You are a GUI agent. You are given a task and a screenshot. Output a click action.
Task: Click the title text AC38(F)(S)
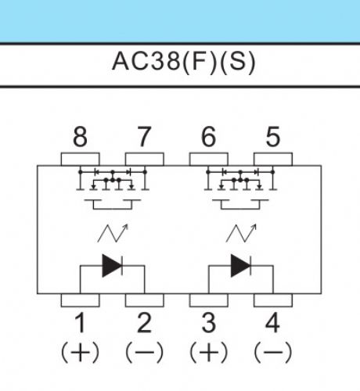(x=183, y=62)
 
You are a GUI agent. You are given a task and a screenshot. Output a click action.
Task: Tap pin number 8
(x=80, y=137)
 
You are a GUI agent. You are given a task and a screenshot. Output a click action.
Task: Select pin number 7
(x=144, y=137)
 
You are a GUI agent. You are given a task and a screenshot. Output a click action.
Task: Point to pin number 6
(x=208, y=137)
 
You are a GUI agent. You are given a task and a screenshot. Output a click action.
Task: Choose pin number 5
(x=273, y=137)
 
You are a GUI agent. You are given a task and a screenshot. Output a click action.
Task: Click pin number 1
(x=81, y=323)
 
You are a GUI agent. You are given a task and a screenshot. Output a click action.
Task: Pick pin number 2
(x=144, y=323)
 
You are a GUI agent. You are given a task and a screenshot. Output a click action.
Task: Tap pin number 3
(x=209, y=323)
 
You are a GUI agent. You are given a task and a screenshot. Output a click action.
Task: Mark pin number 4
(x=272, y=323)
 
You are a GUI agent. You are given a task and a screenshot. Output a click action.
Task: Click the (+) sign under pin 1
(x=80, y=353)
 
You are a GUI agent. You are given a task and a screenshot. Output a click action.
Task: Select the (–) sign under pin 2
(x=144, y=353)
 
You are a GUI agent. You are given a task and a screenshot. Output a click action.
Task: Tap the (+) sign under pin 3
(x=209, y=353)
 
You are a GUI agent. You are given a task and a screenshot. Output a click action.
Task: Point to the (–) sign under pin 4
(x=273, y=353)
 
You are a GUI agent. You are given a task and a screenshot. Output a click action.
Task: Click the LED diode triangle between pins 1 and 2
(x=112, y=266)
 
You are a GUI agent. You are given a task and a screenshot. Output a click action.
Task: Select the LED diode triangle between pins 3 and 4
(x=240, y=266)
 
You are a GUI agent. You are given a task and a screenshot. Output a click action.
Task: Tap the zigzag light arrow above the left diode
(x=113, y=233)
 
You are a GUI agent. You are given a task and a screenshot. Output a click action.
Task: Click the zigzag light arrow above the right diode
(x=241, y=233)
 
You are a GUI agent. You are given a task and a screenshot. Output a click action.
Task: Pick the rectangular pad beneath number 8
(x=80, y=160)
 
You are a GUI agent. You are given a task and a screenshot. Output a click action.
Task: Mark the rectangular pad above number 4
(x=273, y=300)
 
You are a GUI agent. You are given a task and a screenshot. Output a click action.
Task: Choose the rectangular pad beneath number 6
(x=208, y=160)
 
